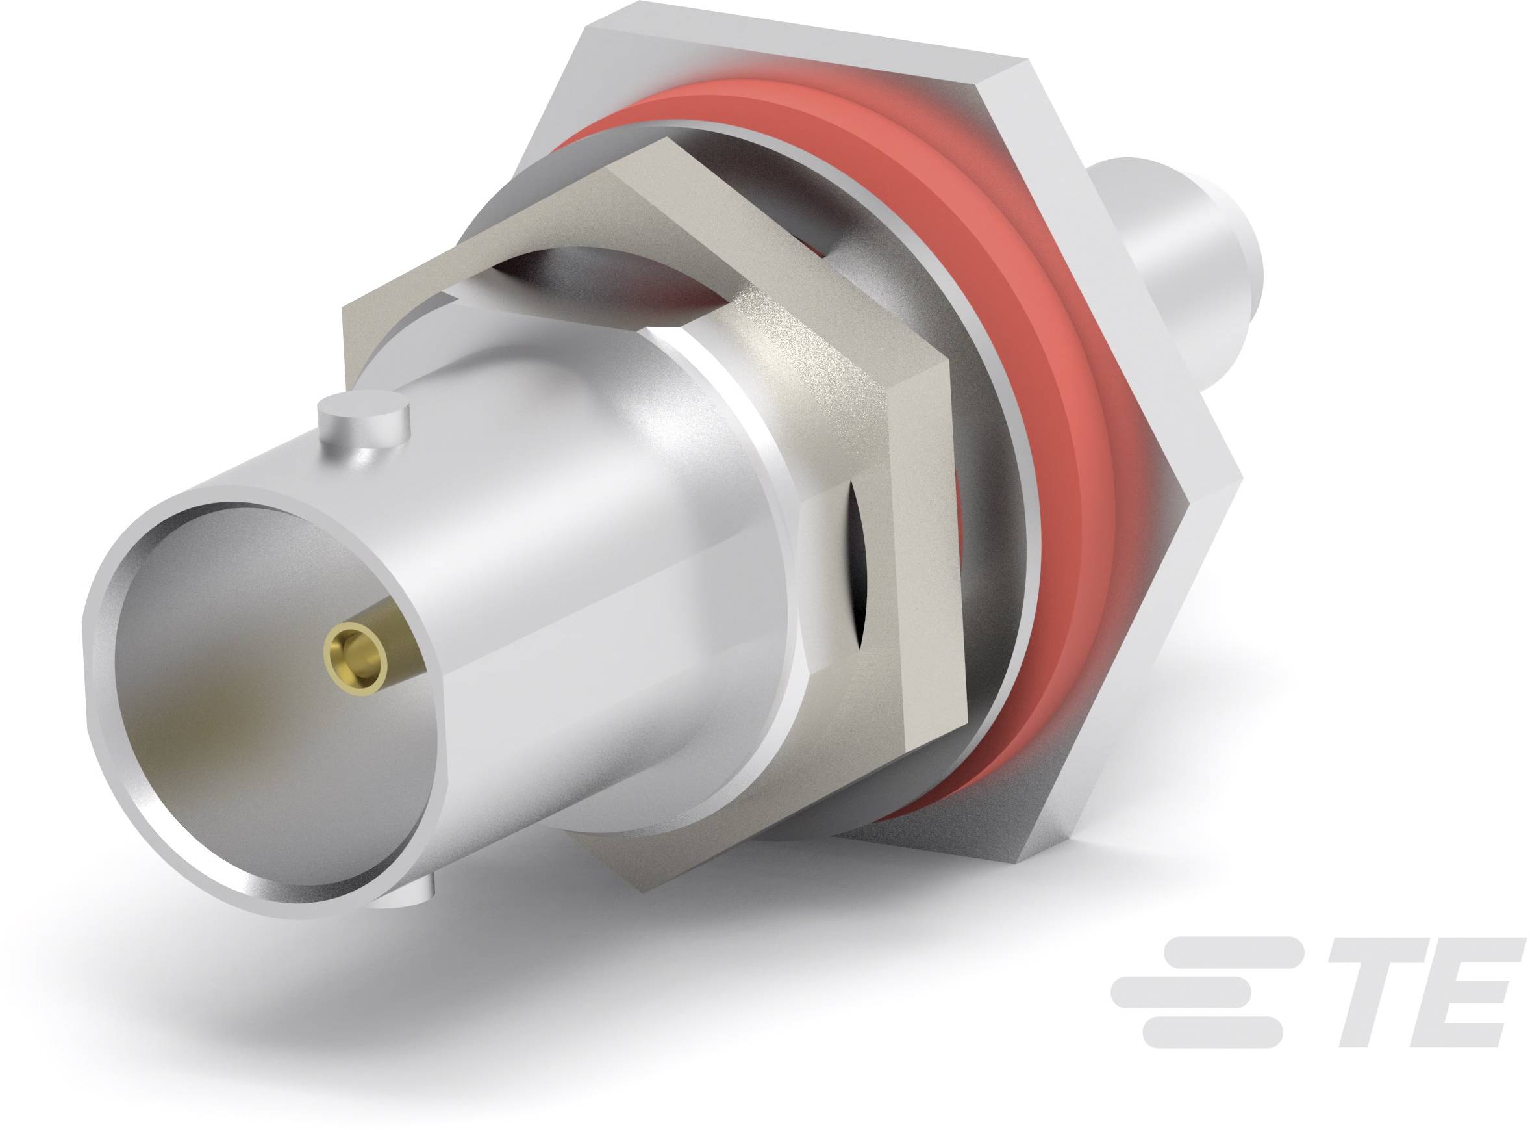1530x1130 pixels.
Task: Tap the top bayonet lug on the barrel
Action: point(363,421)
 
